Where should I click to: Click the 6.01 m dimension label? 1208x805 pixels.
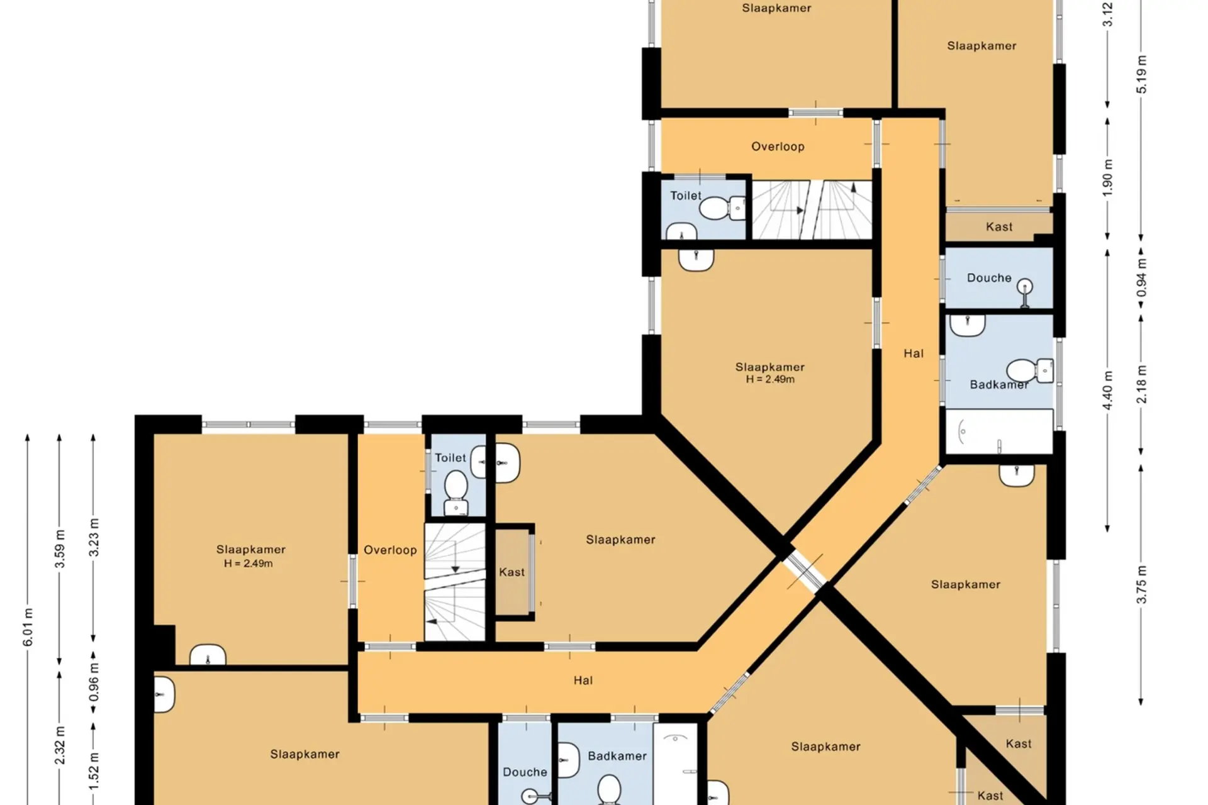28,627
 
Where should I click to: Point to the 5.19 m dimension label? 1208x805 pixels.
1141,74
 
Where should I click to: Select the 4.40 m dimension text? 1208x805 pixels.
1107,390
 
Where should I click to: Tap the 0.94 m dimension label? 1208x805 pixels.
1141,277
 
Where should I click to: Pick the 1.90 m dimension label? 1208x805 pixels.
1107,177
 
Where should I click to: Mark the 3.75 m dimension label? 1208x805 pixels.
1141,585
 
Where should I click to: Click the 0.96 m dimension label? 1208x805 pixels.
94,682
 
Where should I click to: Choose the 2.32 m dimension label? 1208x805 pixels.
60,745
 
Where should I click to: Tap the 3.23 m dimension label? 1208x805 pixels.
94,537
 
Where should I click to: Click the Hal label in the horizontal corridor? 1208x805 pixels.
583,680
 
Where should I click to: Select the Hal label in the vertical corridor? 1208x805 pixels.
914,353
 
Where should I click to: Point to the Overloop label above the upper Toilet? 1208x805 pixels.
778,147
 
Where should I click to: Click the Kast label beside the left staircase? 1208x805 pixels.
512,572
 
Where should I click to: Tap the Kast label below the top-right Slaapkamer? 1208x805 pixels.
999,226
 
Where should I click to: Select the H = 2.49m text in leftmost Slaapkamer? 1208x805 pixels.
249,563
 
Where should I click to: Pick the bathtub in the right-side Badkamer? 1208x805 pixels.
999,431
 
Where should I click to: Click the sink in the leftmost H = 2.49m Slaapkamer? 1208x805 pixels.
208,655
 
